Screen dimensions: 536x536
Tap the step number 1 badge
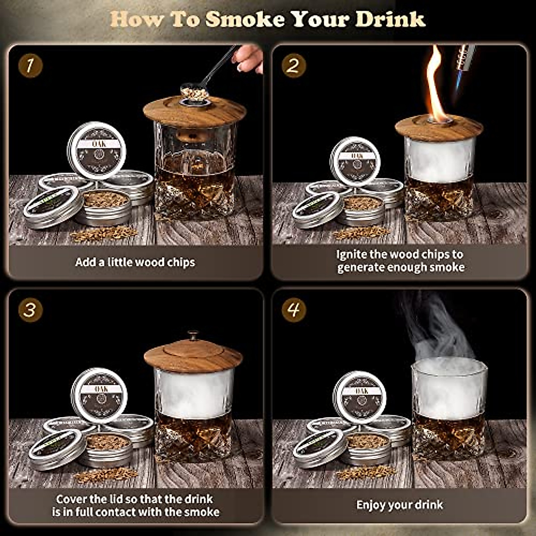coord(30,66)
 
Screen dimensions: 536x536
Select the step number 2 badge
coord(293,66)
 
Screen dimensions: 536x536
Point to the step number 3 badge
coord(30,310)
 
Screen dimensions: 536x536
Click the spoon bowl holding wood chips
coord(194,92)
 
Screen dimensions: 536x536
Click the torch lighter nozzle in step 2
coord(464,58)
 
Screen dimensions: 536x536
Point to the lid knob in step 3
coord(193,335)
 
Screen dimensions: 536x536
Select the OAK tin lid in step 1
coord(96,150)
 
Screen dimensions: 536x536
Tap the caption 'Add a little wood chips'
coord(135,262)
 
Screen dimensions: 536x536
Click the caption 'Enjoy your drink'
coord(399,505)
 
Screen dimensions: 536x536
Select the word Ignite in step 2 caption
coord(352,255)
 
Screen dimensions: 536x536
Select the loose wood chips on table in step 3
coord(106,475)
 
